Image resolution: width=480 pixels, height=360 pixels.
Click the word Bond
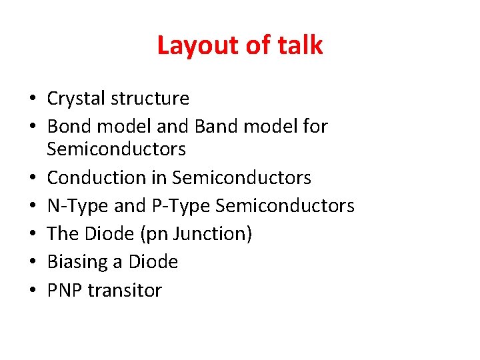coord(69,126)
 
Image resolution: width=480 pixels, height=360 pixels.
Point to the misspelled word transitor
coord(126,290)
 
